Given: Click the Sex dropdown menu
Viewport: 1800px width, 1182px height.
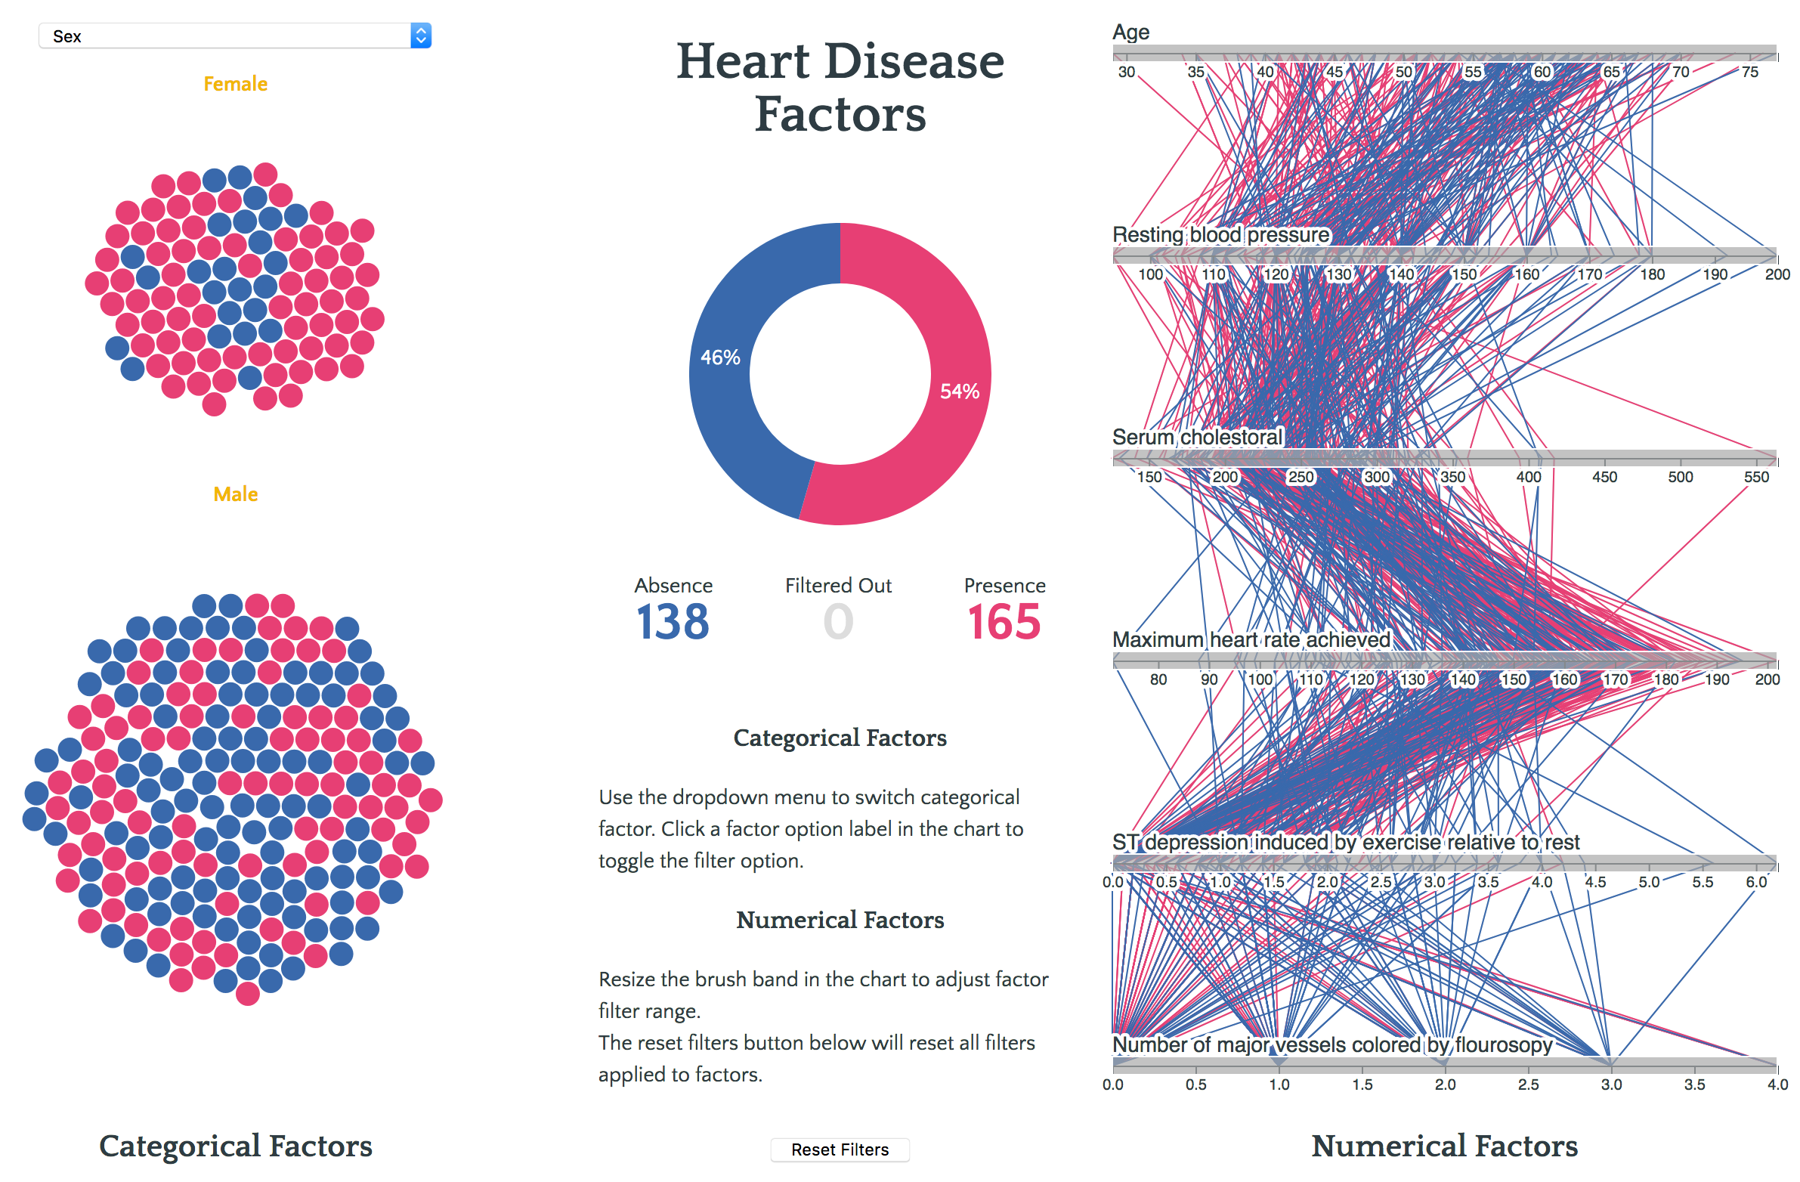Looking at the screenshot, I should [x=234, y=36].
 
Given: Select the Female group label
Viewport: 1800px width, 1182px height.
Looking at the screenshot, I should [x=235, y=84].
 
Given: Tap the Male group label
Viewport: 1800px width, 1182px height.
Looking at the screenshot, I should [x=235, y=494].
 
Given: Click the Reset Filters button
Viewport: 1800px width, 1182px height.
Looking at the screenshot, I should [x=840, y=1150].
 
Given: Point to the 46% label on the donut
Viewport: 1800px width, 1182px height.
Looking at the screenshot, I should [x=720, y=357].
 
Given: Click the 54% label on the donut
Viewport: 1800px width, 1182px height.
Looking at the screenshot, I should [x=959, y=391].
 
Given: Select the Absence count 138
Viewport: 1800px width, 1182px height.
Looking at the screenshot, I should [x=673, y=623].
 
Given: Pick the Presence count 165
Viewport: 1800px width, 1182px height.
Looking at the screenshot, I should [x=1004, y=623].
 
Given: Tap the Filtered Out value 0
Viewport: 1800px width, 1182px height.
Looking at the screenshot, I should [x=838, y=623].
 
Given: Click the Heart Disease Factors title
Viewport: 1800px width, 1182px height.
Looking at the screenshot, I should [x=840, y=87].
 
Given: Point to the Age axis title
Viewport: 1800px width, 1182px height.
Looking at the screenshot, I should [x=1130, y=32].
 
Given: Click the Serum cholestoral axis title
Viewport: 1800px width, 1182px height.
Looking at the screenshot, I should [x=1197, y=437].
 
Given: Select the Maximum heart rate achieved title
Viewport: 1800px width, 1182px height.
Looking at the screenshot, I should [x=1251, y=640].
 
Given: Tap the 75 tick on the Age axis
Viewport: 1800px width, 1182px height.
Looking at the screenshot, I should [x=1750, y=72].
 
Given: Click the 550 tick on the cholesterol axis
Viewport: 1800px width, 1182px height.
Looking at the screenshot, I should [x=1756, y=477].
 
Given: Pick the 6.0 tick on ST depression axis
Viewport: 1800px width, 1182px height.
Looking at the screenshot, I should [x=1756, y=882].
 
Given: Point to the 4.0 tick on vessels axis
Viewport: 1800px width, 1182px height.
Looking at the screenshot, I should [x=1777, y=1085].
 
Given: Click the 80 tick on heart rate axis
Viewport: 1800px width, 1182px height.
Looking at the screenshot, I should [x=1158, y=679].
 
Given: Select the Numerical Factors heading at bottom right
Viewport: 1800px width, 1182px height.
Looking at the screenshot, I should [x=1445, y=1146].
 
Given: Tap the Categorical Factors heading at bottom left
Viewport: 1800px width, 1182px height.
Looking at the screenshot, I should [x=235, y=1146].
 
